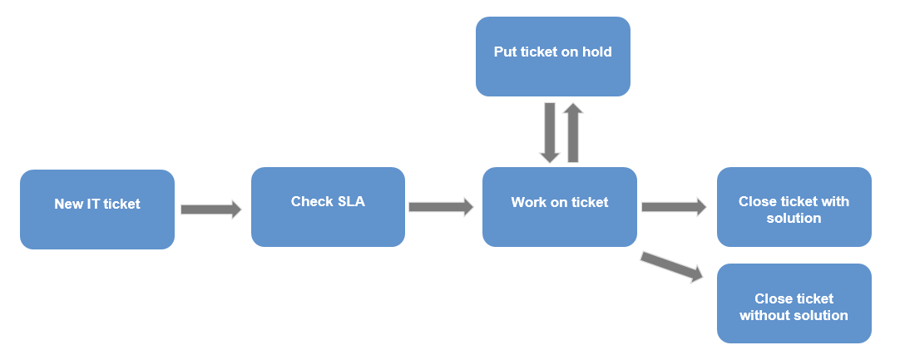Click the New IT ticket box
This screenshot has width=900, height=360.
[97, 210]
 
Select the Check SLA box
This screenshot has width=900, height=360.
[328, 207]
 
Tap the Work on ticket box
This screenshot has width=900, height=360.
[559, 207]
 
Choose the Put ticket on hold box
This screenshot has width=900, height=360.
[552, 57]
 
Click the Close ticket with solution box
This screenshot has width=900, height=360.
[794, 207]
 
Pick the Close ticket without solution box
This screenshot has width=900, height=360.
[794, 303]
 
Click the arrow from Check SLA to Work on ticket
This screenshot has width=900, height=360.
[440, 207]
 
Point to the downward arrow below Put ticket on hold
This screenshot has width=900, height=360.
[550, 132]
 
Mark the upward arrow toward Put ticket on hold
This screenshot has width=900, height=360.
[572, 132]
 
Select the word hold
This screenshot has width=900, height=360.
[596, 52]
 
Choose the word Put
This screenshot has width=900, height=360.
[505, 52]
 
